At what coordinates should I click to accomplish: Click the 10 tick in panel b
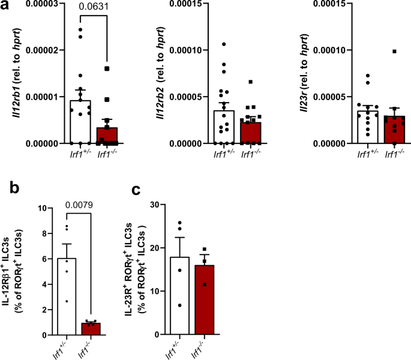(x=41, y=208)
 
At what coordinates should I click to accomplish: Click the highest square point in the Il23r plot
(x=395, y=52)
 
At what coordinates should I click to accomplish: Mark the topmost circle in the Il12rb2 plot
(x=223, y=44)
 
